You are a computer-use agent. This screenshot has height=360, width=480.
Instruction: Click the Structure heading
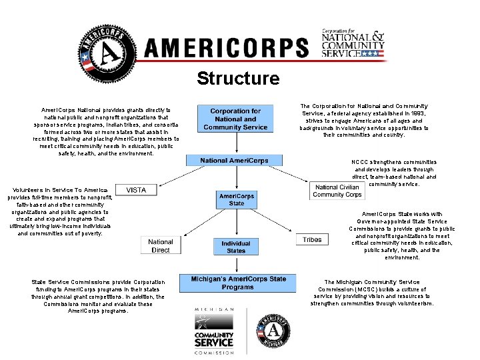click(x=238, y=79)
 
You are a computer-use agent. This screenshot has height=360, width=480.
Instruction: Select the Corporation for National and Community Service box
click(x=235, y=119)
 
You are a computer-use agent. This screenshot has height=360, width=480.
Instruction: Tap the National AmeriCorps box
click(x=235, y=161)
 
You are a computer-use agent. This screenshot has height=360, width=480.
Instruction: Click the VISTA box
click(x=136, y=190)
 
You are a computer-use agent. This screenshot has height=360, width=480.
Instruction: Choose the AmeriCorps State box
click(x=236, y=199)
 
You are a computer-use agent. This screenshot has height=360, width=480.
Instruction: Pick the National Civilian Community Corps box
click(x=337, y=191)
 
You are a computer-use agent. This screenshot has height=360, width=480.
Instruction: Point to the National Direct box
click(x=161, y=246)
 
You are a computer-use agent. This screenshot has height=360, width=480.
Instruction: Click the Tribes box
click(x=312, y=239)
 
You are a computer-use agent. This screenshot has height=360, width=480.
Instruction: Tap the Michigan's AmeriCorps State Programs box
click(x=238, y=283)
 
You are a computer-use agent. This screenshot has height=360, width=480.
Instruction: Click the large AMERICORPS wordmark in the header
click(x=227, y=49)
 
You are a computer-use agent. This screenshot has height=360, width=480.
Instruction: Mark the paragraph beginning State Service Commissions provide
click(x=97, y=297)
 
